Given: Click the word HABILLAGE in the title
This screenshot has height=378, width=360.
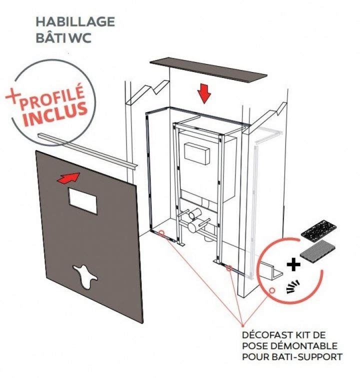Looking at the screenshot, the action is tap(75, 22).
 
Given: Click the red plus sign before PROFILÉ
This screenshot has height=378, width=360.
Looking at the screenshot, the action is tap(15, 95).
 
